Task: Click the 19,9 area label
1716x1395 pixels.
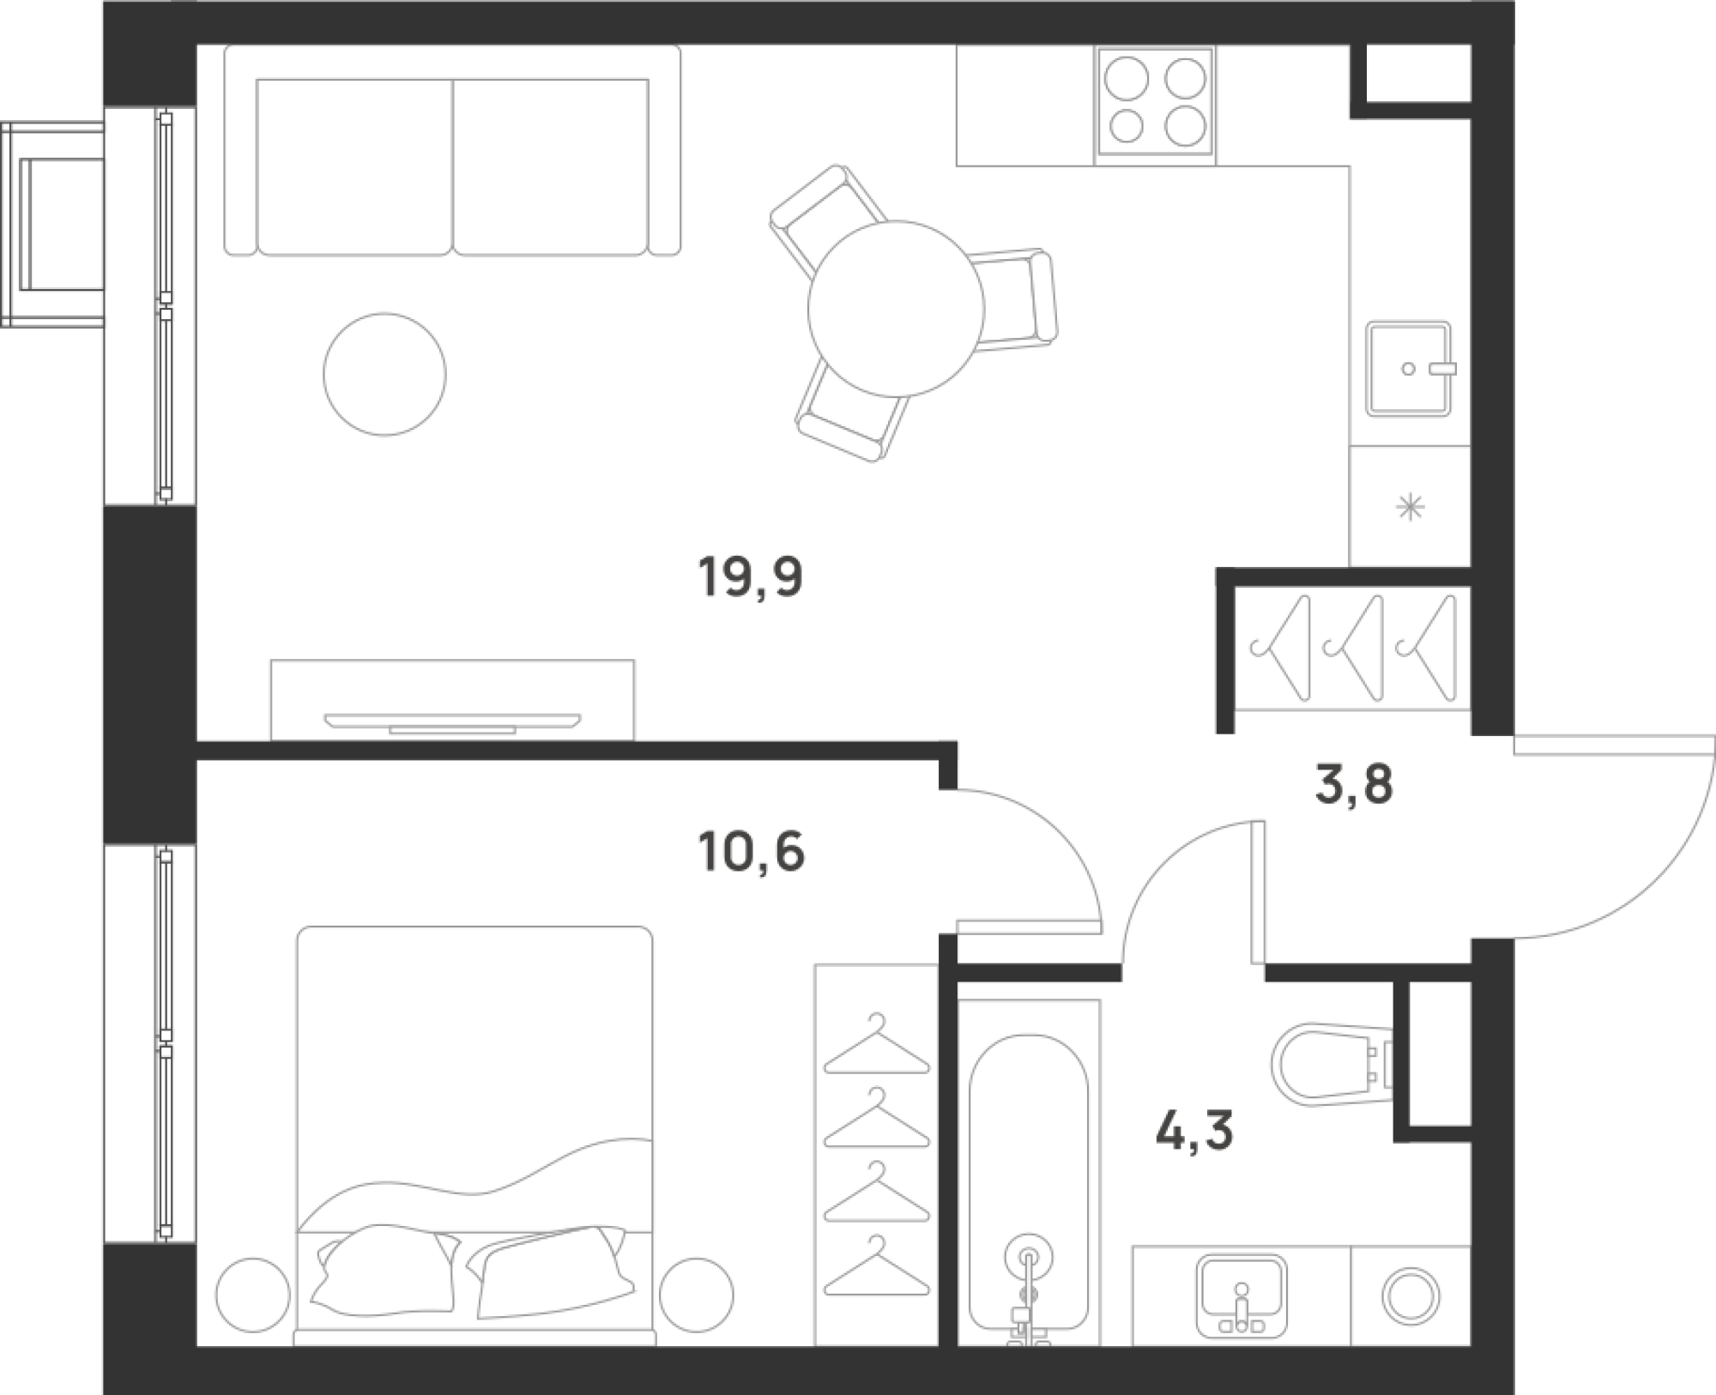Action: point(751,577)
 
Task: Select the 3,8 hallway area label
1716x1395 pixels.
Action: point(1353,785)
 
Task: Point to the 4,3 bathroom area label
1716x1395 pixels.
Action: point(1194,1132)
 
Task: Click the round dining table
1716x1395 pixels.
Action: point(895,309)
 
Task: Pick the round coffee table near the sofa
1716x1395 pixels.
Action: point(384,374)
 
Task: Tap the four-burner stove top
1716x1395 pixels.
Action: point(1155,101)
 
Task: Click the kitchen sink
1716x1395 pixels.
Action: point(1407,370)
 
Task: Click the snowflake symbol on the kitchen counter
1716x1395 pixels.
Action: point(1409,509)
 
